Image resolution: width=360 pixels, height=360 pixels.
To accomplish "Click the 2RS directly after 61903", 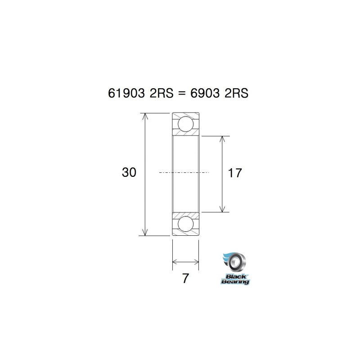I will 160,93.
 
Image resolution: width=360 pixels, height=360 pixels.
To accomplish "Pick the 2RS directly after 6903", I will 236,93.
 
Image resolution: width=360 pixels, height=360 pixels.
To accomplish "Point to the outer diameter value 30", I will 129,172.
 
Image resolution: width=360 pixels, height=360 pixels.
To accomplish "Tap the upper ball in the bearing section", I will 185,124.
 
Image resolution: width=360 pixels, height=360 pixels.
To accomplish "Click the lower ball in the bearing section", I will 185,224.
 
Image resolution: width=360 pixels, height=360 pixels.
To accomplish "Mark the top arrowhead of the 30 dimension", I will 144,117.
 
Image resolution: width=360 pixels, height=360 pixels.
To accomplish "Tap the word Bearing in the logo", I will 235,281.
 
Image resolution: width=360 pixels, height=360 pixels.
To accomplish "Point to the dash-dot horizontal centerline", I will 184,172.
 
